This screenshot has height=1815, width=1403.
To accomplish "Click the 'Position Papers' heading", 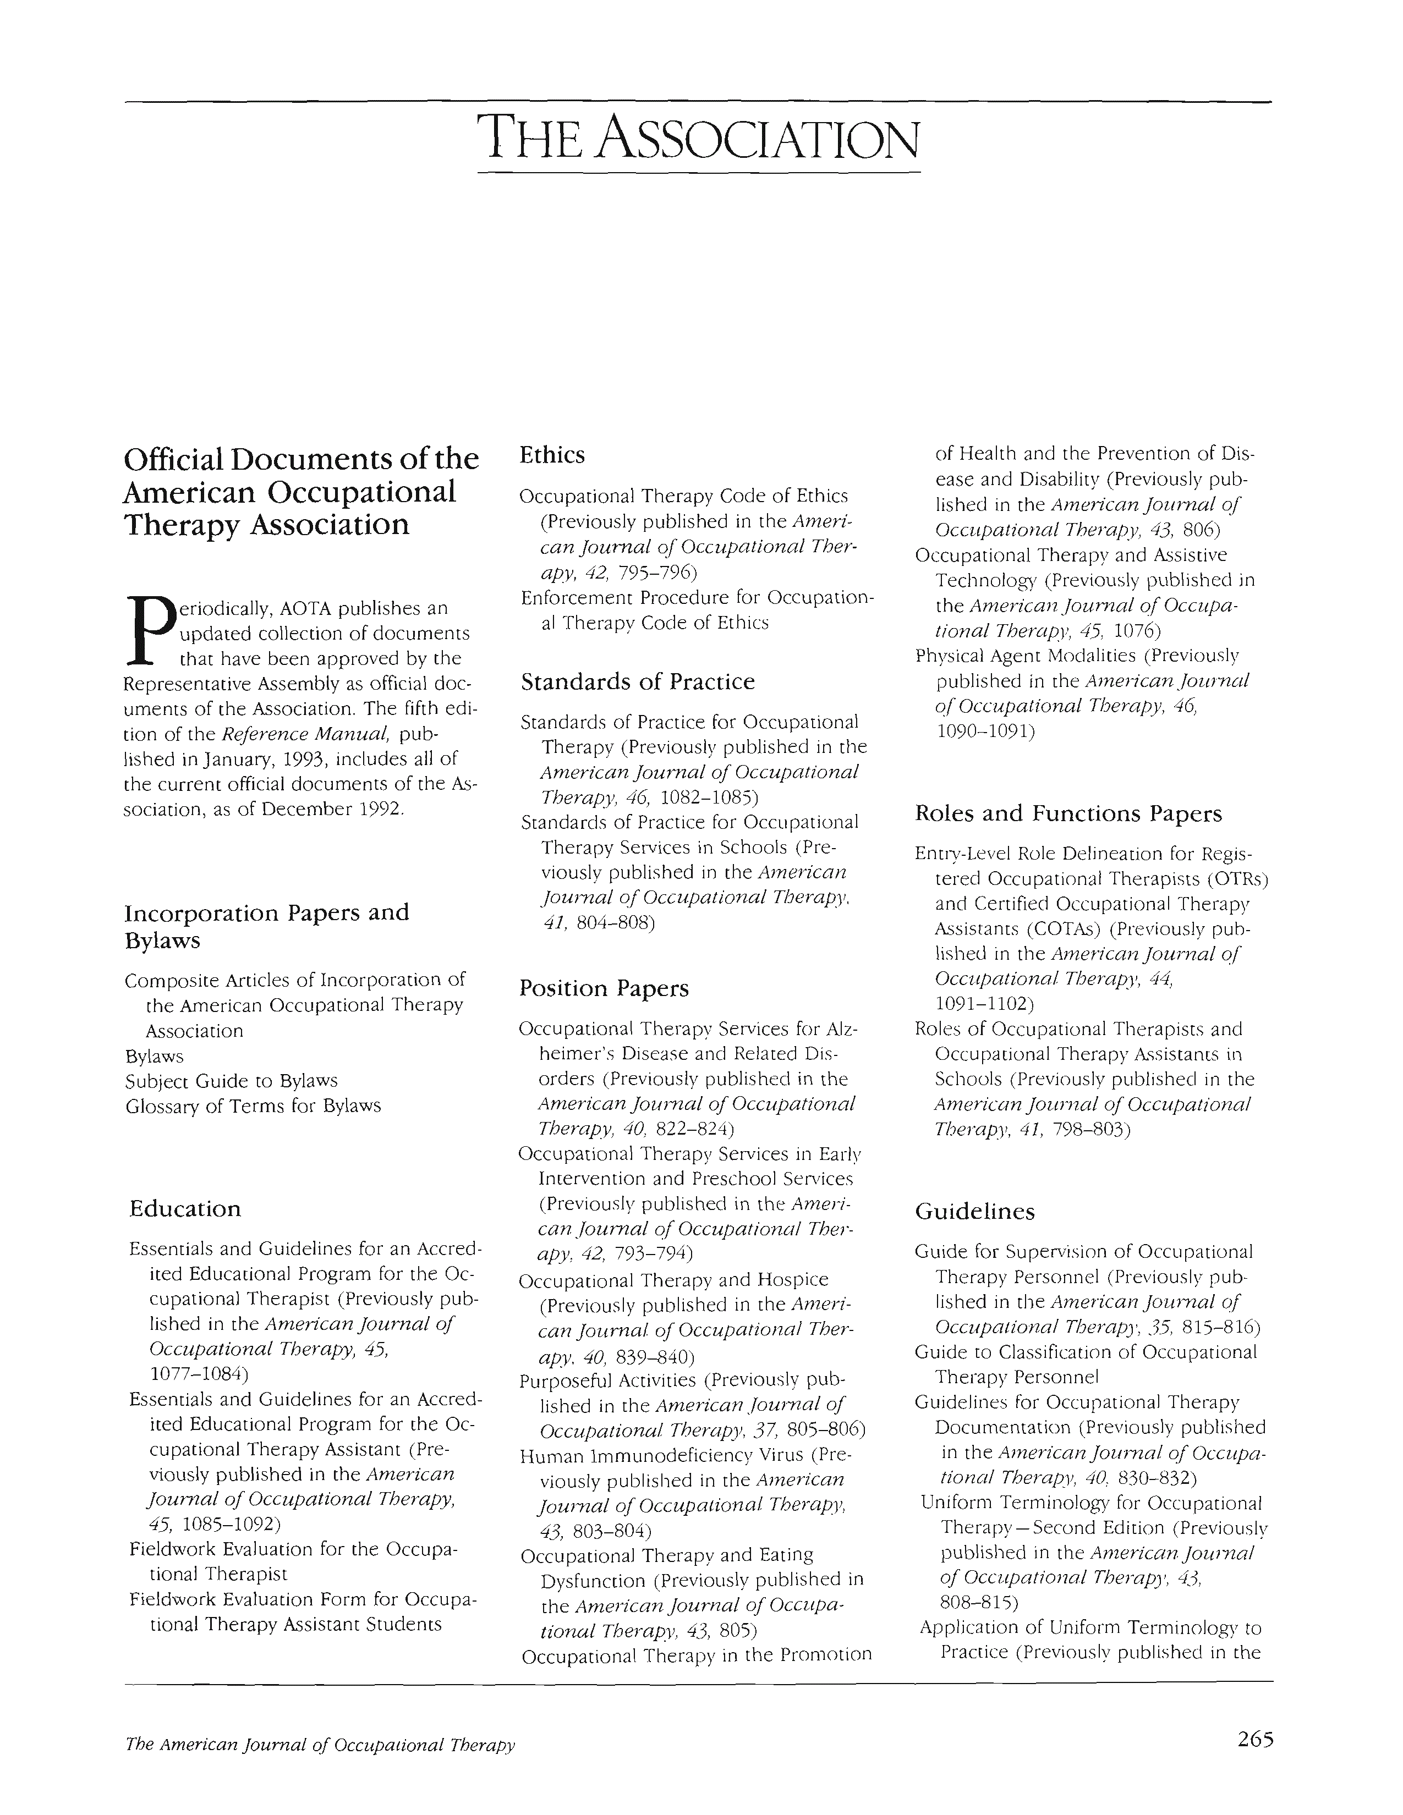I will coord(604,988).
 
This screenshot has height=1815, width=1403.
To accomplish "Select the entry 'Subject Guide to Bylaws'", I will coord(232,1081).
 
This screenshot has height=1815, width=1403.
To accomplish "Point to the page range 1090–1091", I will coord(986,732).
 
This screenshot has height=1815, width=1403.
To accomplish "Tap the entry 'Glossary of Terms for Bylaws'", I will coord(254,1106).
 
